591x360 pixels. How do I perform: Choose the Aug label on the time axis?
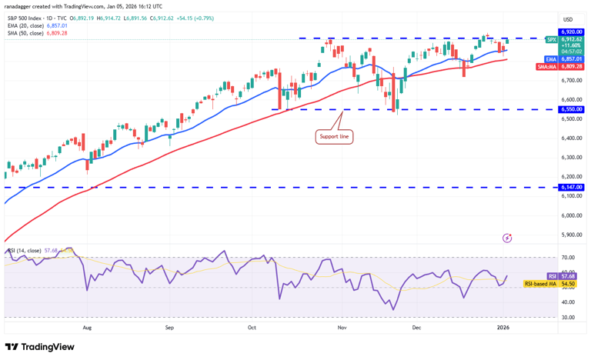tap(87, 327)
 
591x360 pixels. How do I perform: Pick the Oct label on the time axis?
tap(252, 327)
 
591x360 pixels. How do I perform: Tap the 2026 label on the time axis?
tap(503, 327)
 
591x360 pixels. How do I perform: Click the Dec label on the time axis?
tap(416, 327)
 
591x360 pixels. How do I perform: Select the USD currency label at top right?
tap(568, 19)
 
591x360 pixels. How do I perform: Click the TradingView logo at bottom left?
tap(39, 347)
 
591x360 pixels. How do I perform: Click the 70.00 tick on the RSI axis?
tap(568, 258)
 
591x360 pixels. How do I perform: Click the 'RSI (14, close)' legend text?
tap(27, 250)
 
